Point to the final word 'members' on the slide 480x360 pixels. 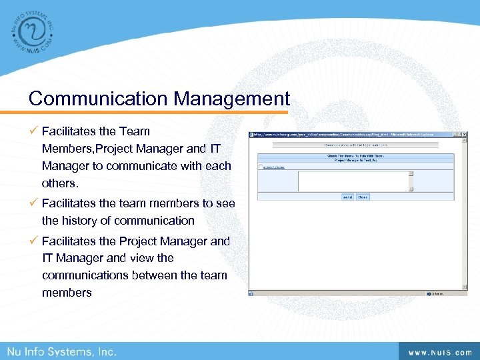67,292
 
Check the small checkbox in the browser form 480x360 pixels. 261,167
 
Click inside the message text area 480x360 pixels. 353,181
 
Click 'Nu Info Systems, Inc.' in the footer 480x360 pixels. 62,351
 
